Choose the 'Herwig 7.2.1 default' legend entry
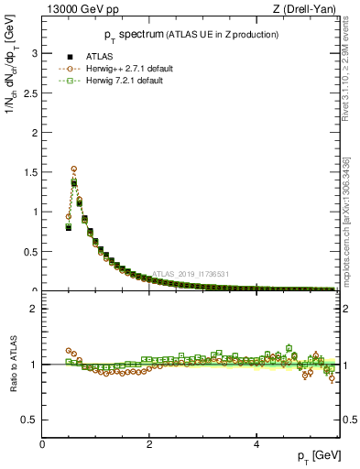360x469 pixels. click(x=128, y=81)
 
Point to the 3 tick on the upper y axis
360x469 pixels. click(x=36, y=53)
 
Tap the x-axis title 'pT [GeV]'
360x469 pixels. click(x=319, y=456)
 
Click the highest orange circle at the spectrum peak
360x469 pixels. click(x=74, y=169)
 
